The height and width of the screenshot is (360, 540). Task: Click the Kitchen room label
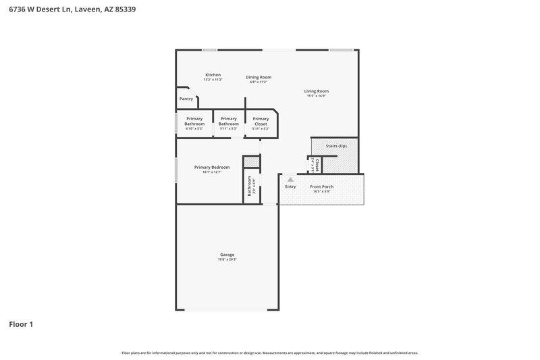(213, 74)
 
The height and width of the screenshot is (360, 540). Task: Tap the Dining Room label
(259, 77)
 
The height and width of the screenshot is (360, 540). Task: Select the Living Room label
(316, 91)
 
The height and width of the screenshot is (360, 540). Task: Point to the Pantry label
(186, 99)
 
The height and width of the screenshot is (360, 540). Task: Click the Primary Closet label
(261, 121)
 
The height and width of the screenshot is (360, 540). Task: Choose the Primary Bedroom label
(212, 167)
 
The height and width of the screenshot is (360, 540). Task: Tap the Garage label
(227, 255)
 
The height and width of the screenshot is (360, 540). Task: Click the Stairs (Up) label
(336, 146)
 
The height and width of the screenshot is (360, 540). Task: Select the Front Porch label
(321, 186)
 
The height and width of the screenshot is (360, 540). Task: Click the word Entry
(290, 186)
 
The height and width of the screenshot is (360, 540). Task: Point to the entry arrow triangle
(291, 179)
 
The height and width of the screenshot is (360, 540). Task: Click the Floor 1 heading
(21, 324)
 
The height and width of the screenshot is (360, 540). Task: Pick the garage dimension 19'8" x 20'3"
(227, 259)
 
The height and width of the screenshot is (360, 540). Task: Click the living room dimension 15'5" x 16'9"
(316, 96)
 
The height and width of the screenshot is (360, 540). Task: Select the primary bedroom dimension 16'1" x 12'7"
(212, 172)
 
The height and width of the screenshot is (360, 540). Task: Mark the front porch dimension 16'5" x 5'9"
(321, 192)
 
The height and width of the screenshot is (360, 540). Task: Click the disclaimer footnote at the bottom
(269, 353)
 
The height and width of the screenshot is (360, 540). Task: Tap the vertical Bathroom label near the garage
(249, 186)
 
